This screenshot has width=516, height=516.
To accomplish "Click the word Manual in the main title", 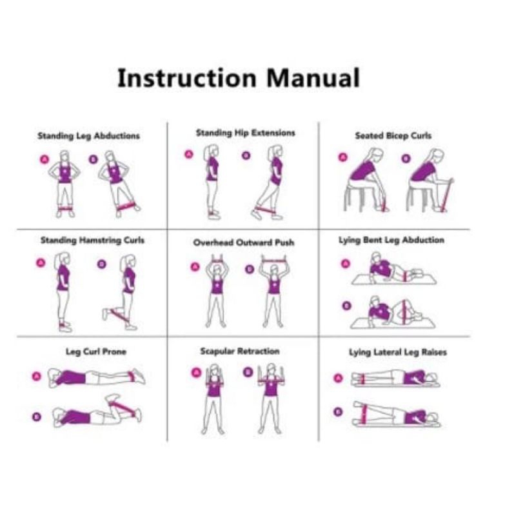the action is (x=313, y=77).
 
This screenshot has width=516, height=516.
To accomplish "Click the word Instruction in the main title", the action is (x=187, y=77).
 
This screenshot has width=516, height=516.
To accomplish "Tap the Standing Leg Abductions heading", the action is (x=88, y=136).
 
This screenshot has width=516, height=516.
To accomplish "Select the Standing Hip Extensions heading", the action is (x=246, y=133).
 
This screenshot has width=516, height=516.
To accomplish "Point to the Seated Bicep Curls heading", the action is (x=393, y=135).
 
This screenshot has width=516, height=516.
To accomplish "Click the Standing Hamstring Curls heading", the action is (x=92, y=240).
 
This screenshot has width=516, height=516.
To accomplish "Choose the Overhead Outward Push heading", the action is (x=244, y=243).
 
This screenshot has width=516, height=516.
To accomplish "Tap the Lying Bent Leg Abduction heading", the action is (x=392, y=240).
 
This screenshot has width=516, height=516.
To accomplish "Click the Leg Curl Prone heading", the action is (x=96, y=352).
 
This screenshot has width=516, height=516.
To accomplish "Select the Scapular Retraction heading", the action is (x=240, y=351).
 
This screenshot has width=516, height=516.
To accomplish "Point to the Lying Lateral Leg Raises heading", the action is (x=398, y=352).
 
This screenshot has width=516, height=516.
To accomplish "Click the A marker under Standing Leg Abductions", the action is (x=45, y=159).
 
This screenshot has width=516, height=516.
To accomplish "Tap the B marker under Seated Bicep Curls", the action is (x=406, y=159).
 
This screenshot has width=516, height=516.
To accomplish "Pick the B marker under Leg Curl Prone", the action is (x=37, y=417).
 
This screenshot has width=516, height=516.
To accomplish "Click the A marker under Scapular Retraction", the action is (x=196, y=373).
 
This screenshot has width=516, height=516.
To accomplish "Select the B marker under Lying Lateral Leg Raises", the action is (x=338, y=412).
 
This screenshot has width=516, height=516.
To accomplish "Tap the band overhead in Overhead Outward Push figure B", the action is (x=275, y=261).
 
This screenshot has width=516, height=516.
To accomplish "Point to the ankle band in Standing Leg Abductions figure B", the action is (x=126, y=206).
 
